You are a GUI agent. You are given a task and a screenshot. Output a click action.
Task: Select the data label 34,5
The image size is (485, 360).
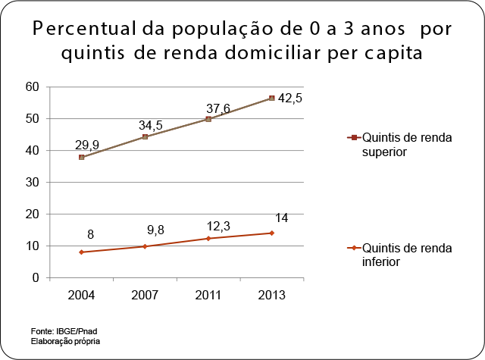coord(151,124)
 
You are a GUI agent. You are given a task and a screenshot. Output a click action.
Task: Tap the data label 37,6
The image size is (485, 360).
coord(214,107)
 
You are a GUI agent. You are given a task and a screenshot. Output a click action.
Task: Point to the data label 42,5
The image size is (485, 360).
coord(288,99)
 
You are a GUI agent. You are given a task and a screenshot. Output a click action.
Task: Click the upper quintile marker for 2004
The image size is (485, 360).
coord(81,157)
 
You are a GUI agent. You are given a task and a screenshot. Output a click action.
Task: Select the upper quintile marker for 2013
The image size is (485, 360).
coord(271,98)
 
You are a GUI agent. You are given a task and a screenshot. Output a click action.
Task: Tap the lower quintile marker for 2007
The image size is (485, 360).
coord(144,246)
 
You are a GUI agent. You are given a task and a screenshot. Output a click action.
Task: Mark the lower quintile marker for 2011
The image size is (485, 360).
coord(208,238)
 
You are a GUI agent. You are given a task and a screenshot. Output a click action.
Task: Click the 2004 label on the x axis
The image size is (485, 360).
coord(81,295)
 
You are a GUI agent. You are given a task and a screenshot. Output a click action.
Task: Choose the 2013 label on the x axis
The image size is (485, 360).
coord(271,295)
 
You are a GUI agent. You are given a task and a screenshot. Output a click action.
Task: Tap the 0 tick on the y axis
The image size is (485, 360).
coord(35,278)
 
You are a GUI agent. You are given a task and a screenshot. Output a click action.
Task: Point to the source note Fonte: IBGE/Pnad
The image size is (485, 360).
coord(64,332)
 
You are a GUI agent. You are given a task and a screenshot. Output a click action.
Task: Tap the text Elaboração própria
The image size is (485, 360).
coord(65,341)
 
